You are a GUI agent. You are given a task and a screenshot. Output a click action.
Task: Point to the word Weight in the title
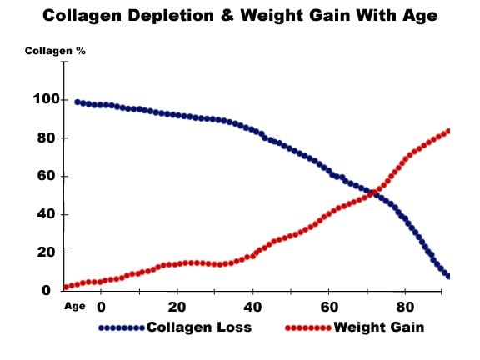(276, 17)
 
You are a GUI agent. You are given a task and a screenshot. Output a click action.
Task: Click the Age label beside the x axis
(76, 306)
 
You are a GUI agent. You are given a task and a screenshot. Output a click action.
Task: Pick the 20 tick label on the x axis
(177, 306)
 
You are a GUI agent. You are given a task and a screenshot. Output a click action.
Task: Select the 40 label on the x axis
(252, 306)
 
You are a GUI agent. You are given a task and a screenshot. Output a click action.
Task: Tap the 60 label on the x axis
(328, 306)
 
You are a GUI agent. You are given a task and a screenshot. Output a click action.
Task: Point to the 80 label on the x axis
(405, 306)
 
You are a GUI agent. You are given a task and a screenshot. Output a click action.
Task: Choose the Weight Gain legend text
(379, 327)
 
